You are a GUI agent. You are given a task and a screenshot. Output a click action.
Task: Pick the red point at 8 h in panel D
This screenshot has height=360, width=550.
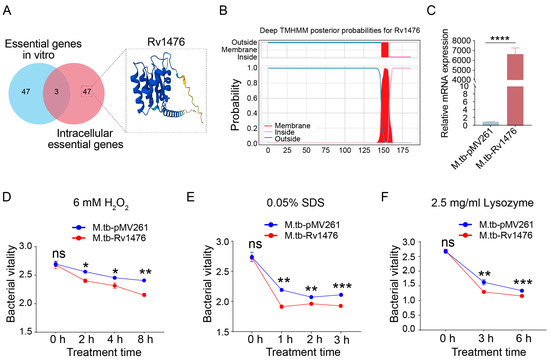[x=146, y=295]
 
